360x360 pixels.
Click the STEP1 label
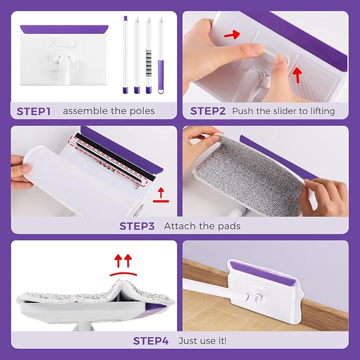click(33, 111)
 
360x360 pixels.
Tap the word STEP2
click(208, 111)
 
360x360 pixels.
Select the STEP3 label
click(137, 226)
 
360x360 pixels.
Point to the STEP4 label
click(151, 340)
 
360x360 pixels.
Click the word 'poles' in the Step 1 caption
click(142, 111)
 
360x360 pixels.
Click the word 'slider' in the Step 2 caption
click(284, 111)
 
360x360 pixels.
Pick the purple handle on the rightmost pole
click(161, 77)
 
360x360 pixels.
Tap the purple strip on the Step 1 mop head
click(64, 29)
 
